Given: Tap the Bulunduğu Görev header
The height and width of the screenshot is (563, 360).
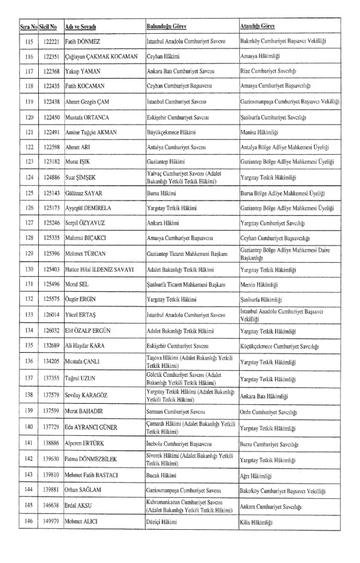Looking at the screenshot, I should click(x=166, y=26).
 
